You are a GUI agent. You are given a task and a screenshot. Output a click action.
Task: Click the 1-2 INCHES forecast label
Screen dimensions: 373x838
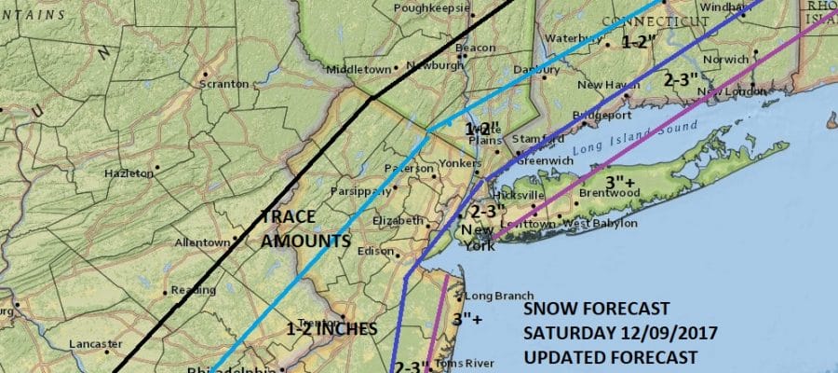(x=331, y=328)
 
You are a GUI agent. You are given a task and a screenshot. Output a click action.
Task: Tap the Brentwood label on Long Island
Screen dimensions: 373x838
(x=606, y=193)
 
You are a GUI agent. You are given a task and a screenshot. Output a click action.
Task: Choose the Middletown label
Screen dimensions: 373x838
(x=355, y=70)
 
